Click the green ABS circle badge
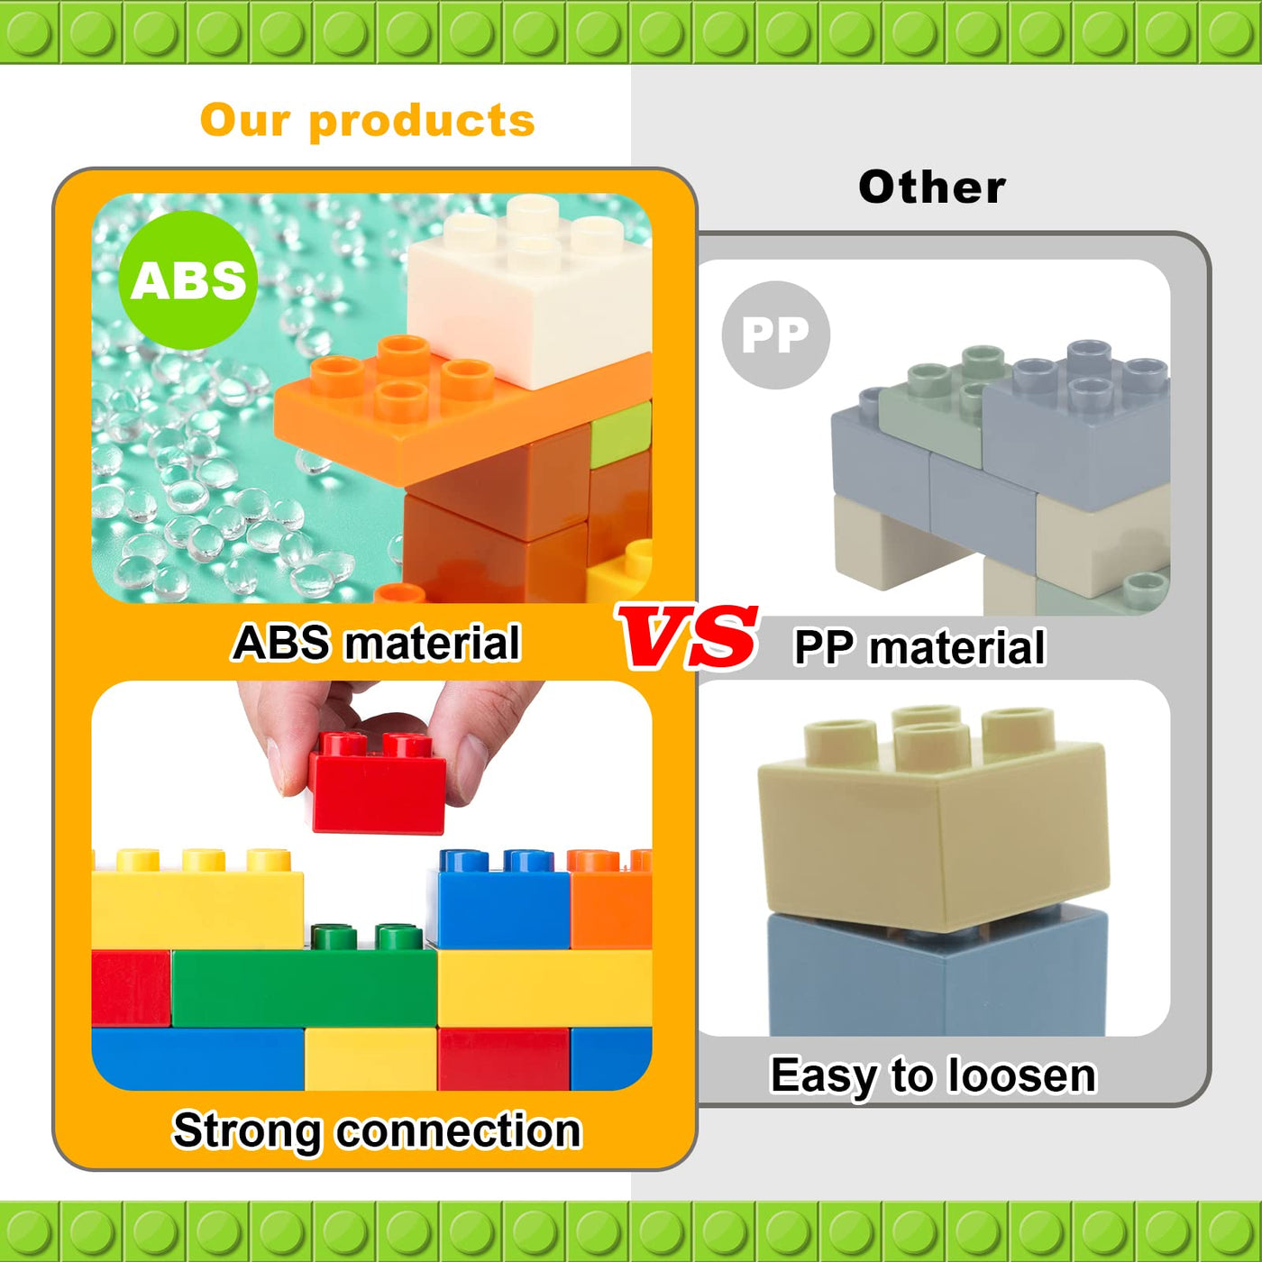188,280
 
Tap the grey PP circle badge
775,335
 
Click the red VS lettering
688,636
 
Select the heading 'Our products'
367,121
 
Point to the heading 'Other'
931,187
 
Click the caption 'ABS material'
377,644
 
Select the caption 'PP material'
919,648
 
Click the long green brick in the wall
304,988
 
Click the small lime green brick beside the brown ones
621,434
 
